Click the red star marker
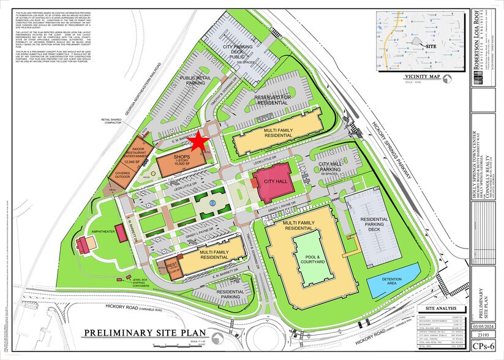[x=198, y=142]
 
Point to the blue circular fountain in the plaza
[x=211, y=201]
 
